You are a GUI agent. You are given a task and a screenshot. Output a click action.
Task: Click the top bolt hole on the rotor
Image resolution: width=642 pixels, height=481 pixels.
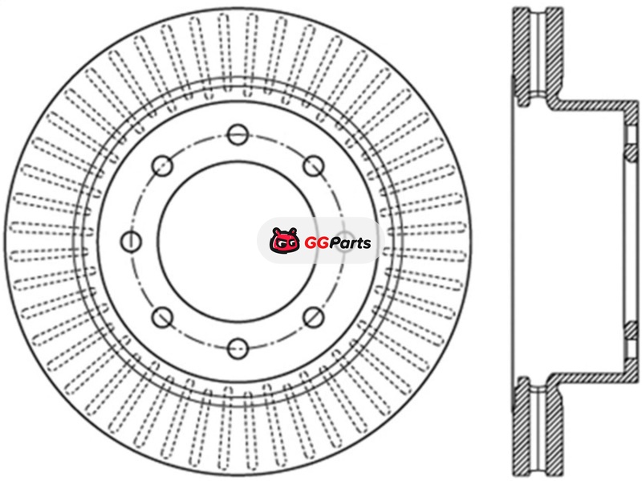[x=238, y=134]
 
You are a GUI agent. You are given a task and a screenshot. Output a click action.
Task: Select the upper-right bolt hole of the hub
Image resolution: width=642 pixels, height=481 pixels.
[x=314, y=166]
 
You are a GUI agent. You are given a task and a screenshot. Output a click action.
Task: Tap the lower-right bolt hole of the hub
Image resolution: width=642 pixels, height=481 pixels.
[x=314, y=317]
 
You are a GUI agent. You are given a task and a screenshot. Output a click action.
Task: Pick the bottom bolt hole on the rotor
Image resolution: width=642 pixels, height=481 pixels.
[x=238, y=349]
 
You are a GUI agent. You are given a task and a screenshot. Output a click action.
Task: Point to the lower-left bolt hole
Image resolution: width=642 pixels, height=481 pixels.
[x=162, y=317]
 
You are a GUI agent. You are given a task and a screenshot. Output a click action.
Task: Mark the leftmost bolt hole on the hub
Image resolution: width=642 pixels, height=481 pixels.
[x=131, y=242]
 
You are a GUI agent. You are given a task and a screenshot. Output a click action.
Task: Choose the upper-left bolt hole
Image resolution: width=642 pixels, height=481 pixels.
[x=162, y=166]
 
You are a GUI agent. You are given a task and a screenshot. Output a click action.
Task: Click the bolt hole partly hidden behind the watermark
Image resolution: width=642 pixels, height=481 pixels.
[x=345, y=242]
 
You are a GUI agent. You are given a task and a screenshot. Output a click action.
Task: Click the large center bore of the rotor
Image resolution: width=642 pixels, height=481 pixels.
[x=238, y=242]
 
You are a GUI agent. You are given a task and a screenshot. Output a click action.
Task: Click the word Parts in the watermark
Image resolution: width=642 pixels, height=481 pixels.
[x=350, y=243]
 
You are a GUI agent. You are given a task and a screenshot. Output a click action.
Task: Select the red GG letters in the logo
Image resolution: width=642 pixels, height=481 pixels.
[x=317, y=243]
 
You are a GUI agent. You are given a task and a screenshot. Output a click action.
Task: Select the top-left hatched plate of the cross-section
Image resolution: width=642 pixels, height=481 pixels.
[x=522, y=56]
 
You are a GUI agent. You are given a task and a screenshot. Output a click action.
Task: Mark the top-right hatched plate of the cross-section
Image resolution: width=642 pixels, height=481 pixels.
[x=555, y=56]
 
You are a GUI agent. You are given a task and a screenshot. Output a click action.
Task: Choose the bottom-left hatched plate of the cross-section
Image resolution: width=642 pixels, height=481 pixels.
[x=522, y=426]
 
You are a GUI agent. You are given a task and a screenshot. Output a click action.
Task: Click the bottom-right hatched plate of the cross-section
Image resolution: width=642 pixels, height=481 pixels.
[x=555, y=426]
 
